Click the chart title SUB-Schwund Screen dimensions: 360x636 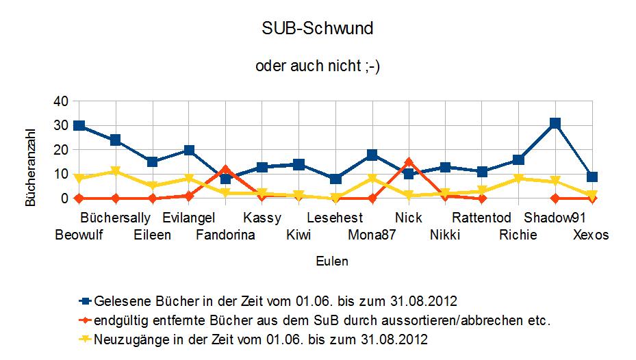pyautogui.click(x=318, y=29)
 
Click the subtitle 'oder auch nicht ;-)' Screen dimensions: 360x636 pyautogui.click(x=318, y=66)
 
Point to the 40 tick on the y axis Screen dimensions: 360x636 pyautogui.click(x=61, y=101)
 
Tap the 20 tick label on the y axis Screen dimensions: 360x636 pyautogui.click(x=61, y=150)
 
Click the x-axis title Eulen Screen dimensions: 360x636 pyautogui.click(x=331, y=261)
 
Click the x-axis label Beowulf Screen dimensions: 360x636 pyautogui.click(x=79, y=235)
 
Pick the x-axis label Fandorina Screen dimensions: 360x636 pyautogui.click(x=225, y=235)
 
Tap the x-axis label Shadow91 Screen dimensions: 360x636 pyautogui.click(x=555, y=218)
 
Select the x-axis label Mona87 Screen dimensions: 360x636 pyautogui.click(x=372, y=235)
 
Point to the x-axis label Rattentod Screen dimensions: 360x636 pyautogui.click(x=482, y=218)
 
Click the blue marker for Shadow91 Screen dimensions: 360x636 pyautogui.click(x=555, y=124)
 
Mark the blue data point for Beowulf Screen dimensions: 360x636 pyautogui.click(x=79, y=126)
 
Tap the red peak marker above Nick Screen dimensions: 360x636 pyautogui.click(x=409, y=162)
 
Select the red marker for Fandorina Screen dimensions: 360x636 pyautogui.click(x=225, y=170)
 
